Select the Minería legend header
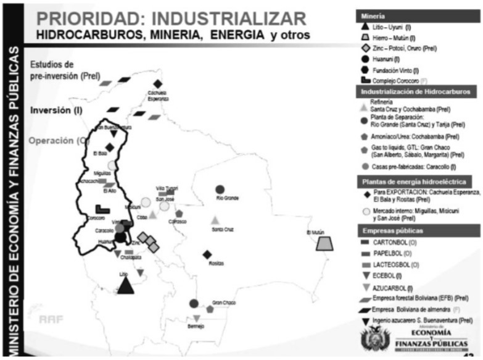[372, 15]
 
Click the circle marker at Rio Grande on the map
[220, 189]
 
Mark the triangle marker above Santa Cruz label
[215, 220]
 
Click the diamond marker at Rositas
[207, 254]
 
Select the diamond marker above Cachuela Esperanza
[158, 84]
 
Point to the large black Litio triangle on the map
[126, 285]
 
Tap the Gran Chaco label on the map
[224, 303]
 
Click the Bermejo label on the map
[196, 327]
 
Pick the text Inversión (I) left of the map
[57, 111]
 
